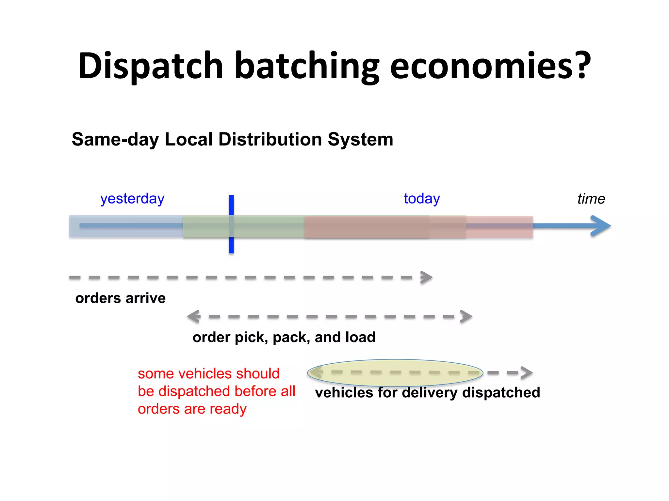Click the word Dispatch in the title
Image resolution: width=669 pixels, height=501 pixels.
pos(151,66)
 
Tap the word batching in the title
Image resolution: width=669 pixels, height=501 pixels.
pos(307,66)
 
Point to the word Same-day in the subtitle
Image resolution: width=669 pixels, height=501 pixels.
pos(115,140)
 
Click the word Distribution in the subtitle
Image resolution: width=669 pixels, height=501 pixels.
pos(270,140)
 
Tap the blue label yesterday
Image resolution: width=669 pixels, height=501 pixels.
pos(132,199)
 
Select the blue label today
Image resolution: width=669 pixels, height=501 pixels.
pos(422,199)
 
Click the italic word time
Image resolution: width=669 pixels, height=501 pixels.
pos(591,199)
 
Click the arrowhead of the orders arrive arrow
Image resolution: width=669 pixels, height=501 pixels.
pos(427,278)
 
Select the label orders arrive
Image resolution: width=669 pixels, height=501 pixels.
pos(120,298)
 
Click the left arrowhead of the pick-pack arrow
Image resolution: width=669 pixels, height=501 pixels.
pos(194,316)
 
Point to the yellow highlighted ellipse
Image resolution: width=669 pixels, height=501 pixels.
pos(395,372)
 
